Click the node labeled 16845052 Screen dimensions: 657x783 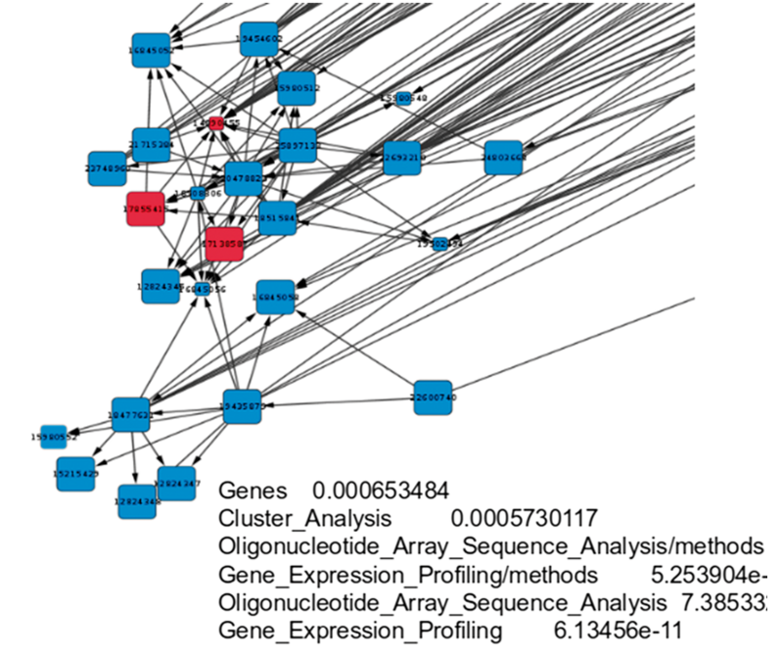tap(152, 50)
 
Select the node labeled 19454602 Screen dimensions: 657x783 tap(260, 39)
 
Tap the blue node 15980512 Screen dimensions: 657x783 tap(296, 88)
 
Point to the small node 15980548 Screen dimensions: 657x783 tap(403, 99)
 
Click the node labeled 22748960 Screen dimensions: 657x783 tap(106, 168)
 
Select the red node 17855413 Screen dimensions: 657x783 tap(145, 208)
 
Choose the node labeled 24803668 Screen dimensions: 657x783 tap(503, 158)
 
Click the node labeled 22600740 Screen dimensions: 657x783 tap(433, 398)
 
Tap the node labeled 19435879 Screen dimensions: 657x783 tap(242, 405)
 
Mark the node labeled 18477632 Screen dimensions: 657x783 tap(130, 415)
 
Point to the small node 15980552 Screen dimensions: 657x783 tap(54, 437)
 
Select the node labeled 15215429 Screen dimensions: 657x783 tap(75, 473)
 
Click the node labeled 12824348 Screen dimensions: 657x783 tap(137, 501)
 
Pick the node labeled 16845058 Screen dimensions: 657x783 tap(276, 296)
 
